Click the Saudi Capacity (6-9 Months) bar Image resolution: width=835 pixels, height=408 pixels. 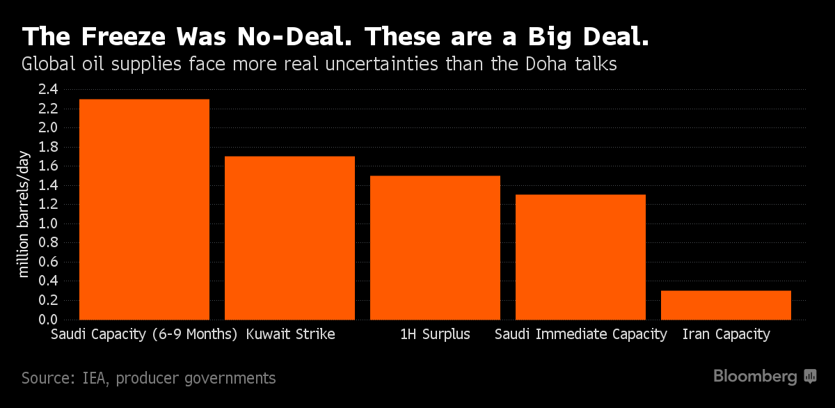(x=144, y=209)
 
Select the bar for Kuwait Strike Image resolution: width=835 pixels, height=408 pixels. (x=289, y=237)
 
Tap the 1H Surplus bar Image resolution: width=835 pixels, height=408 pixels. (x=435, y=247)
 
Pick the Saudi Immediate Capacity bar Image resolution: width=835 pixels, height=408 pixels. (x=580, y=257)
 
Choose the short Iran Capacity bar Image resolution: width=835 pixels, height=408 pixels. (x=726, y=305)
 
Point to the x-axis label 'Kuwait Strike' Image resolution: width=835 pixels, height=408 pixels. (x=290, y=334)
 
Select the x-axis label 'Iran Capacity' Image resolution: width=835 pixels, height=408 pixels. (x=726, y=334)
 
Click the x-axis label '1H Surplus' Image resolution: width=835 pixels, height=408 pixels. (x=435, y=334)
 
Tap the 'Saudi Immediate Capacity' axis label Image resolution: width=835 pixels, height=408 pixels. (x=580, y=334)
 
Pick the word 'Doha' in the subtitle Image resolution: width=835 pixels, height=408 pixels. (x=596, y=65)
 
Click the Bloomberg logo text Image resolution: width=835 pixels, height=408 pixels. (x=755, y=377)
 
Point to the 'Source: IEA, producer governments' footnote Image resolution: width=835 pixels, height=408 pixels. (x=148, y=378)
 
